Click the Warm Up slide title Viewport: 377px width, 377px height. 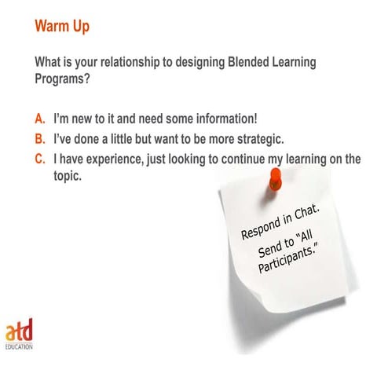[x=62, y=27]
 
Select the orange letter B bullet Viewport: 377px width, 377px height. [x=40, y=140]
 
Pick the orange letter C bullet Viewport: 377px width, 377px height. [x=40, y=159]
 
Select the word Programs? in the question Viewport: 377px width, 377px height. [x=64, y=79]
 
